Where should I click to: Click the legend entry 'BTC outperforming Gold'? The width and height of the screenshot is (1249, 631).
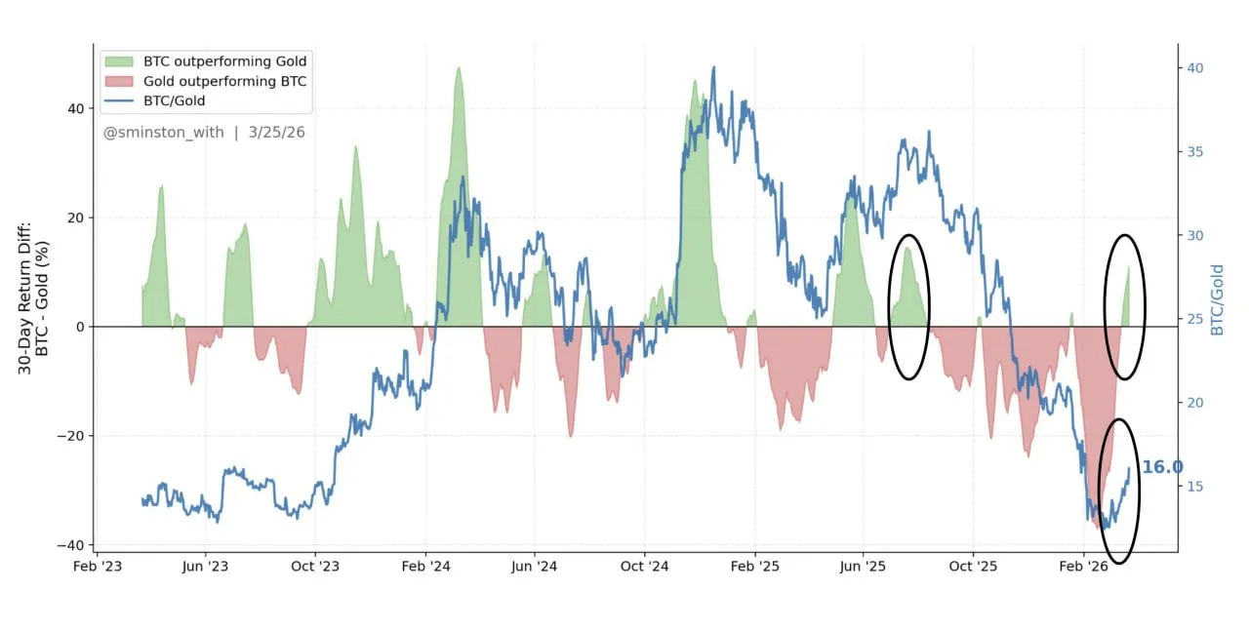click(x=224, y=61)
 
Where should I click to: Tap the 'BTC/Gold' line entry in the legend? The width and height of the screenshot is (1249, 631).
click(x=174, y=100)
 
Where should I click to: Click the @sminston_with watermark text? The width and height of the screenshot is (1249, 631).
click(x=164, y=132)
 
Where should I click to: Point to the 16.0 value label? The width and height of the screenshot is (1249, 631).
click(x=1161, y=467)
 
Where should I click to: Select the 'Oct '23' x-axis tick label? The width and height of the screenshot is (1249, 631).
click(x=314, y=566)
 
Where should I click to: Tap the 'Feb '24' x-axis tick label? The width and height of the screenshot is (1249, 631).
click(x=424, y=566)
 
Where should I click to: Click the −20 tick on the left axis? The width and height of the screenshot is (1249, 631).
click(x=71, y=436)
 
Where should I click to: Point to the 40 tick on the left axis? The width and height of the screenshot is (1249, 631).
click(x=76, y=109)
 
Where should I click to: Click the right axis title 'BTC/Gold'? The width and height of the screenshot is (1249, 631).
click(x=1217, y=300)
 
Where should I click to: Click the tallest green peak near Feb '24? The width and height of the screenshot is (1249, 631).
click(x=458, y=70)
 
